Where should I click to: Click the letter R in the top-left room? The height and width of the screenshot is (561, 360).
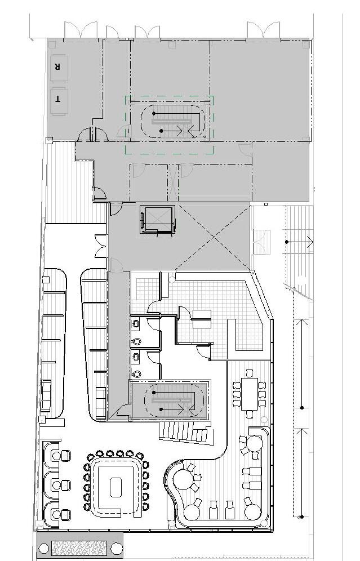click(56, 66)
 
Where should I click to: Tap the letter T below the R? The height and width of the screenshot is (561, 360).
click(57, 100)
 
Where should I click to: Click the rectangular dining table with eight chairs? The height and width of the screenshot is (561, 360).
click(249, 394)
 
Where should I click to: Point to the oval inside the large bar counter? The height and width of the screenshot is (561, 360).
click(116, 487)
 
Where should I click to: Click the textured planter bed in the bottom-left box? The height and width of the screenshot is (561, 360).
click(79, 547)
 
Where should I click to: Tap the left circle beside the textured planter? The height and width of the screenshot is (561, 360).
click(43, 548)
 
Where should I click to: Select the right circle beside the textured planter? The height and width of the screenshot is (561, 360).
click(116, 548)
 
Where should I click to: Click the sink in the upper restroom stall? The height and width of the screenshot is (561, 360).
click(136, 324)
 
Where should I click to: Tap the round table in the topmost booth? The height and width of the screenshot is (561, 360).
click(56, 456)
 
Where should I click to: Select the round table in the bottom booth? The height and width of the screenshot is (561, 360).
click(56, 514)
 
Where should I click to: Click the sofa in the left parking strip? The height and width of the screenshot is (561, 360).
click(46, 396)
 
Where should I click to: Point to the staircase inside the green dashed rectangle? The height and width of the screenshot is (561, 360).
click(173, 121)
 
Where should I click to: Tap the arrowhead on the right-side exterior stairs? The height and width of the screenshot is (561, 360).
click(310, 242)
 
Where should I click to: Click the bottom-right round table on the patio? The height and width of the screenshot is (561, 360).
click(253, 512)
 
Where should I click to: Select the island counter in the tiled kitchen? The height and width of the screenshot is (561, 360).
click(202, 319)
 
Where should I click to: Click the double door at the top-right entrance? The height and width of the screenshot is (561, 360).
click(263, 29)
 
